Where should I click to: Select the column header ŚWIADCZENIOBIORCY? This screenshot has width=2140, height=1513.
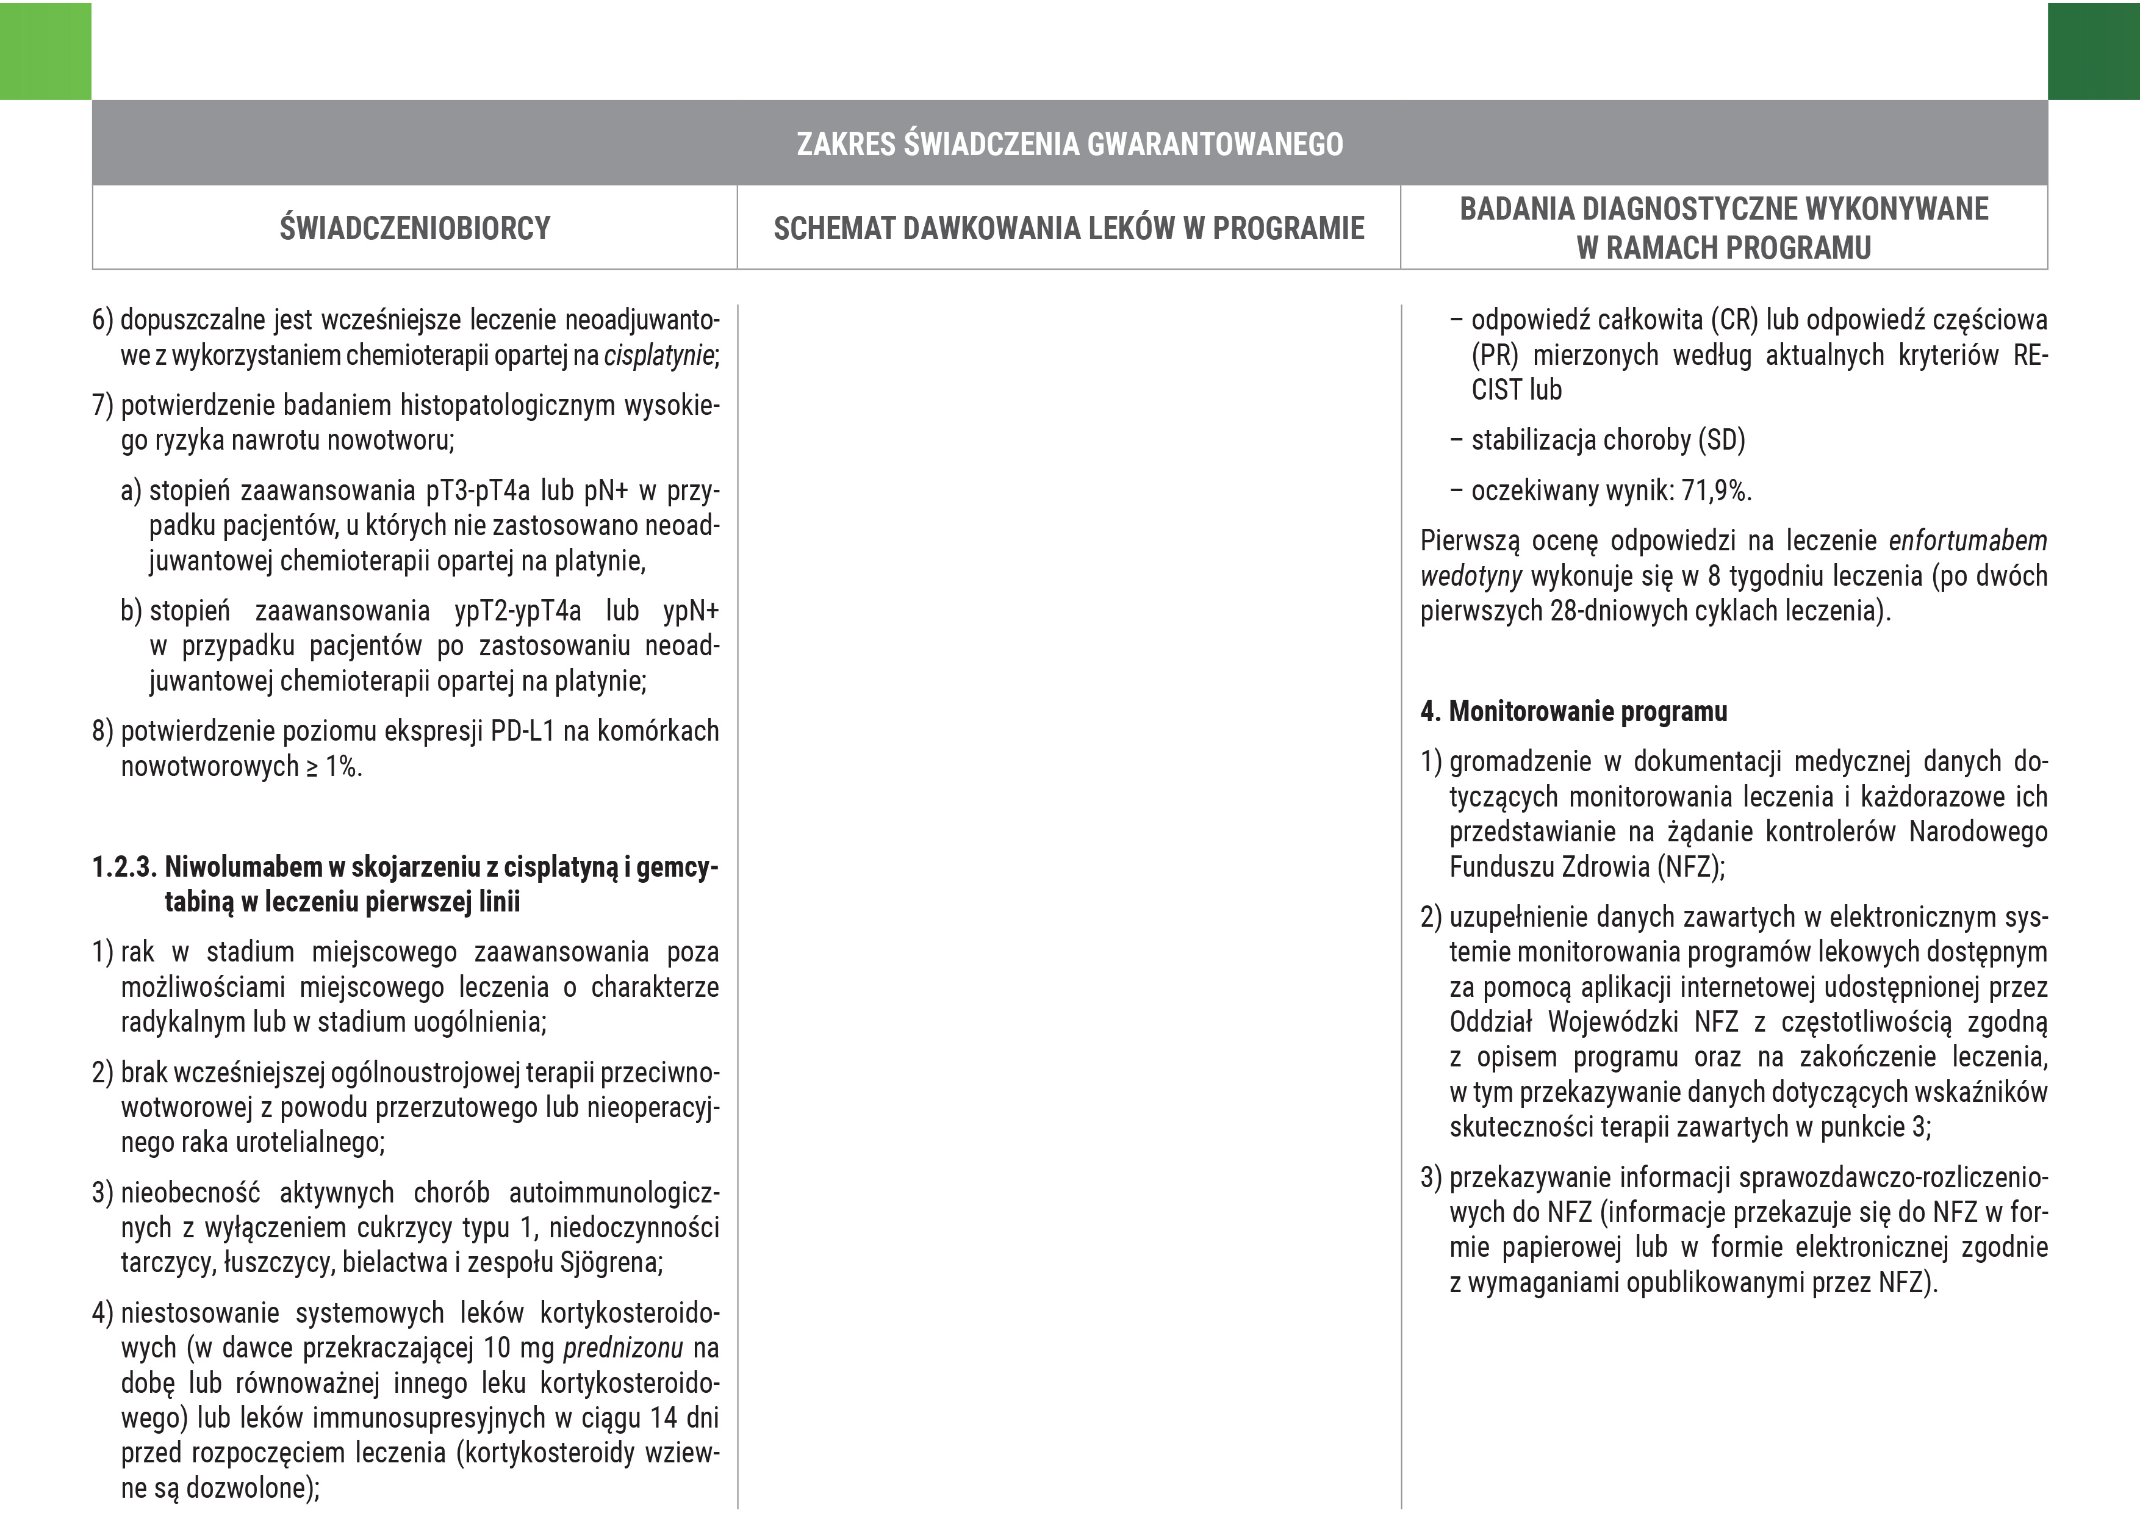click(x=415, y=228)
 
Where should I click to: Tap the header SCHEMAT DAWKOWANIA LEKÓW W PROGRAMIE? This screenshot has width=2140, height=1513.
click(x=1068, y=228)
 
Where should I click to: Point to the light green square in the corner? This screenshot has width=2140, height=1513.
click(x=45, y=51)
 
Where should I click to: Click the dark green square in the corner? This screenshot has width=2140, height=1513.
click(x=2094, y=51)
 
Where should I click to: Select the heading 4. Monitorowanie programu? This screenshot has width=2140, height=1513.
click(x=1573, y=711)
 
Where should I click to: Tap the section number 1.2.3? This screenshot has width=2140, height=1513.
click(x=124, y=867)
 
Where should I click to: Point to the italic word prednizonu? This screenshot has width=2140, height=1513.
click(x=623, y=1348)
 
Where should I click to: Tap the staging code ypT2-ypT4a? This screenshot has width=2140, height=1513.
click(x=517, y=611)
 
